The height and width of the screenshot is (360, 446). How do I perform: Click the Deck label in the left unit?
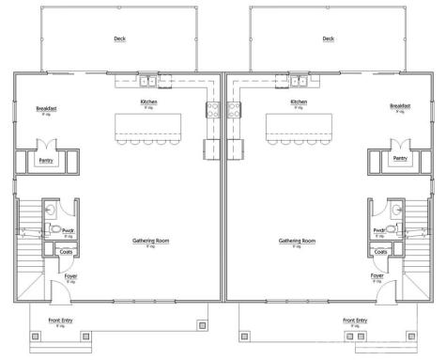pos(119,39)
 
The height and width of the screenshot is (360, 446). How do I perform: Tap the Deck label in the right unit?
pos(328,39)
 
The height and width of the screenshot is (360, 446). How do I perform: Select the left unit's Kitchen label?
pos(148,101)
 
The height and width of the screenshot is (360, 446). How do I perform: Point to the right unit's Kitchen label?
pos(299,101)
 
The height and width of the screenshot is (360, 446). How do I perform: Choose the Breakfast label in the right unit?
pos(400,107)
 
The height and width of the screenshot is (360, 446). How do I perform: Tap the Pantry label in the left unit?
pos(46,160)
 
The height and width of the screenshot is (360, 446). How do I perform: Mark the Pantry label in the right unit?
pos(400,159)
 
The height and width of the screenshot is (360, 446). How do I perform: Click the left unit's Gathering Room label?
pos(149,241)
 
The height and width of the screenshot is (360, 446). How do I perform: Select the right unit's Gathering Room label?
pos(297,241)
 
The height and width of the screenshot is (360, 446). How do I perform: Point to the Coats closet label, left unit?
pos(66,252)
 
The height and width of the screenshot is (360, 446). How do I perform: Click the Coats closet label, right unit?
pos(380,252)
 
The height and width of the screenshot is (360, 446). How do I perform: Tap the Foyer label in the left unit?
pos(70,275)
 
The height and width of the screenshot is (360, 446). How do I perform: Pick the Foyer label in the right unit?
pos(377,275)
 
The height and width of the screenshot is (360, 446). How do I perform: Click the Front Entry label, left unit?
pos(61,321)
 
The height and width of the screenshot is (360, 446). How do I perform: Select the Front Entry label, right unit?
pos(355,321)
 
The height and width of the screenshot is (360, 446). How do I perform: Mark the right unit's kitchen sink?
pos(299,80)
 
